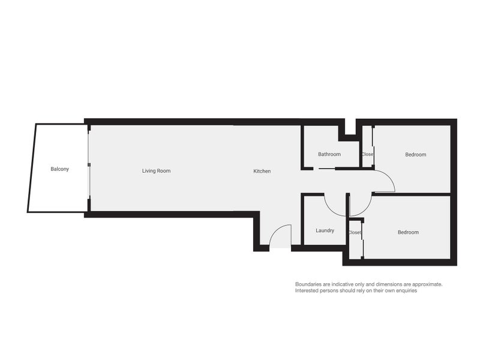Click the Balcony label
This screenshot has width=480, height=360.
tap(59, 169)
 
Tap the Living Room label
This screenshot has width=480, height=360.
tap(156, 171)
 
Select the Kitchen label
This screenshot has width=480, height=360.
tap(262, 171)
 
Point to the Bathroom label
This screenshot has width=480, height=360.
tap(329, 154)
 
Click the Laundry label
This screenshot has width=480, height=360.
tap(325, 230)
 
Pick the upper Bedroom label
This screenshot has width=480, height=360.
tap(415, 154)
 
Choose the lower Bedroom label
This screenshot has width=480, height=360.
tap(408, 232)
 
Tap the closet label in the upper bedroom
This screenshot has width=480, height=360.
tap(367, 154)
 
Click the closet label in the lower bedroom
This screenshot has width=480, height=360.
tap(355, 232)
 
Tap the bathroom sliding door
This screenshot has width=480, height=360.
tap(327, 169)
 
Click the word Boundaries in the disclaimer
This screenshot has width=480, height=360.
tap(308, 284)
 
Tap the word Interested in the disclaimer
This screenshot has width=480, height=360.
tap(308, 290)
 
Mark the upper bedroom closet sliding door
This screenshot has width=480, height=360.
tap(373, 144)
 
